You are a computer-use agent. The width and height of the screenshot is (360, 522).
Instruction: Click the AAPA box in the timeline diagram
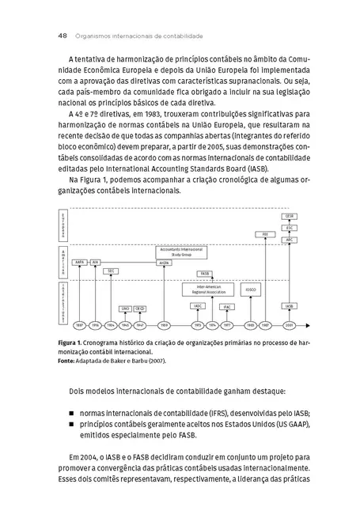pos(80,260)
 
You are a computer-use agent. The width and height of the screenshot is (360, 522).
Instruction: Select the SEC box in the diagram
pos(111,270)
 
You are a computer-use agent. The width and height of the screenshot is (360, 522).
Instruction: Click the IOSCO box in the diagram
pos(250,289)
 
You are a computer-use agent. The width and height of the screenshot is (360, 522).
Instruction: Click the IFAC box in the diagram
pos(226,306)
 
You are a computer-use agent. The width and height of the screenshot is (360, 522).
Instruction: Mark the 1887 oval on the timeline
pos(79,324)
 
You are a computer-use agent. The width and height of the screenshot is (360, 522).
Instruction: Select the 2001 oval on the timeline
pos(290,324)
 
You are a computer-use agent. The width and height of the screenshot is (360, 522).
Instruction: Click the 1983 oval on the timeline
pos(250,324)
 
